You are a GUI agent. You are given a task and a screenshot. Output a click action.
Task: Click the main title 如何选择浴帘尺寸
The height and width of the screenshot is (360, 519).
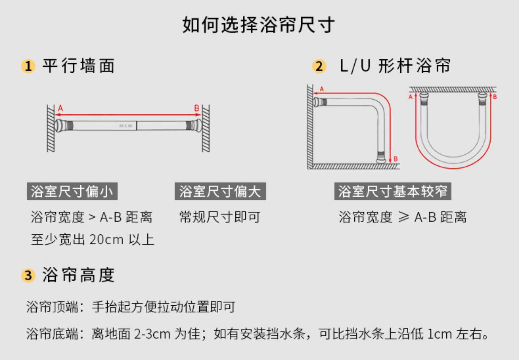coord(259,25)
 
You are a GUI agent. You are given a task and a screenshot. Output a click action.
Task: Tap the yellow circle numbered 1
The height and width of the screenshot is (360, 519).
coord(28,66)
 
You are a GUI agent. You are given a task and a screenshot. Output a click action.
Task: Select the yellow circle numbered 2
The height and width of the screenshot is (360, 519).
coord(319,66)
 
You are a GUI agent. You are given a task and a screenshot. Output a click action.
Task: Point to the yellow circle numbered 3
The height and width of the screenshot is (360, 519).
coord(28,276)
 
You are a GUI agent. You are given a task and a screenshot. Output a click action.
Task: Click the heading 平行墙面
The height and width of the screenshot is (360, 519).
coord(79,66)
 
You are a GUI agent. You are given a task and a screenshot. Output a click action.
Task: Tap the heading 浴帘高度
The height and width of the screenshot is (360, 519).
coord(79,275)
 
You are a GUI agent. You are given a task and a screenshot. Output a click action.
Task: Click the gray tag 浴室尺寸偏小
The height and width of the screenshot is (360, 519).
coord(72,191)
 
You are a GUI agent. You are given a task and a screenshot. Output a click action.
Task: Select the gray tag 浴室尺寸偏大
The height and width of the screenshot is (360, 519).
coord(220,191)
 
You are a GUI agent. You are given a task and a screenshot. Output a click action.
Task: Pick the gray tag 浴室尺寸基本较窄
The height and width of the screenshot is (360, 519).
coord(393,191)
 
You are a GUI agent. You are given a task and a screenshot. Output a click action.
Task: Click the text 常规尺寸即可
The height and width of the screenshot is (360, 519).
coord(220,217)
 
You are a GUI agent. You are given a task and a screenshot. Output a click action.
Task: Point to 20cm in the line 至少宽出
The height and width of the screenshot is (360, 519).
coord(107,240)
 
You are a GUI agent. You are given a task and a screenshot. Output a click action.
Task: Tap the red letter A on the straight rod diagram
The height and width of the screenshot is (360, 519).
coord(61,108)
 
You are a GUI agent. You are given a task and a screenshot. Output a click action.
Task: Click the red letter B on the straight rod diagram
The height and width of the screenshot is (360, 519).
coord(197,108)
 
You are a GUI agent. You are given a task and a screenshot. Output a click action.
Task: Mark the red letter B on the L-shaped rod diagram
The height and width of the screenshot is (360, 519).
coord(395,159)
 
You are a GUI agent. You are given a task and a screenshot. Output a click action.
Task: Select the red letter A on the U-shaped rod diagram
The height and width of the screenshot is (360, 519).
coord(411,97)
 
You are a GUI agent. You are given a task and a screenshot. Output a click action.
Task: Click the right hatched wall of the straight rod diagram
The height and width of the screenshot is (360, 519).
coord(206,128)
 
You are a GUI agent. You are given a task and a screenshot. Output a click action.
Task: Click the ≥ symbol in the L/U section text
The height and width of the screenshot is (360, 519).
coord(403,217)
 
